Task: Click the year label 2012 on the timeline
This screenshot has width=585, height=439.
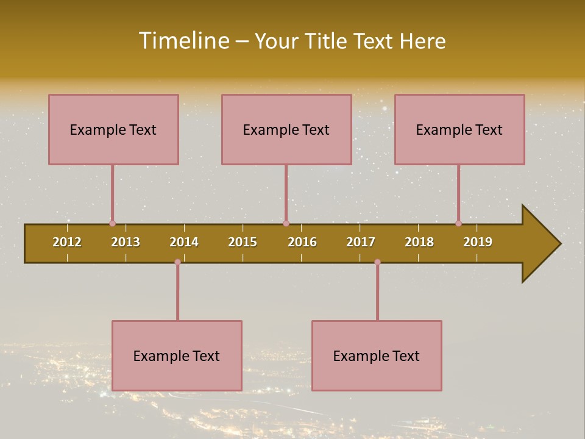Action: pos(67,242)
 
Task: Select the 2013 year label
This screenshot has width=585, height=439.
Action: pos(126,242)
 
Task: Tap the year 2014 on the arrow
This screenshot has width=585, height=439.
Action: pos(184,242)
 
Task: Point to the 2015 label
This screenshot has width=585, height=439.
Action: pos(243,242)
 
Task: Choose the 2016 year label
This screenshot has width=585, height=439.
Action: pos(302,242)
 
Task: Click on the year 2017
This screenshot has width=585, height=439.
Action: pos(361,242)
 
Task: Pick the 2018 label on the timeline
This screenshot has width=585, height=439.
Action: pos(419,242)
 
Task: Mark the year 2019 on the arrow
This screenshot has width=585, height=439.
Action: pos(478,242)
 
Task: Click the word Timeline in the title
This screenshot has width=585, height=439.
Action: pos(184,41)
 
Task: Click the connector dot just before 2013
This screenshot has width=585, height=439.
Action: pos(112,224)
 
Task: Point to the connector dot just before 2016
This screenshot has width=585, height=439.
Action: pos(286,224)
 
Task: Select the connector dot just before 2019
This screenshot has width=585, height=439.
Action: pos(458,224)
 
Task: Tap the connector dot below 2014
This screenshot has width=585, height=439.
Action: pos(177,262)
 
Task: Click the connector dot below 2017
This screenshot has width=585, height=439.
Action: pos(377,262)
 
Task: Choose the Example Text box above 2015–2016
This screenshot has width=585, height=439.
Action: pos(286,129)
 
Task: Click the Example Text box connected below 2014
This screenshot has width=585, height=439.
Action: pos(177,355)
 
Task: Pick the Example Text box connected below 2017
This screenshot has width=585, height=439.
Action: pos(377,355)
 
